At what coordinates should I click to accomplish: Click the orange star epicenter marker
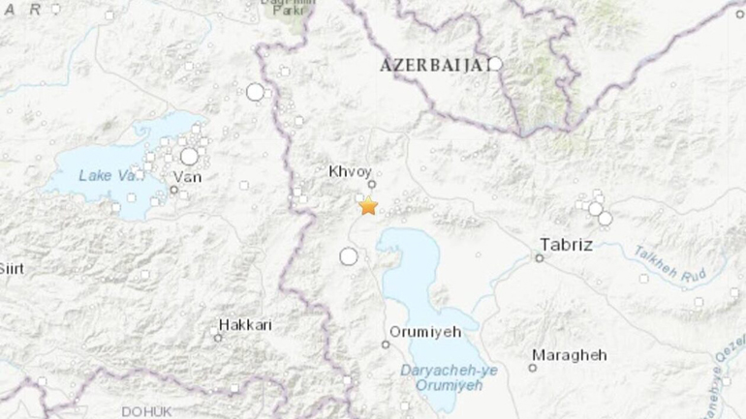pos(368,206)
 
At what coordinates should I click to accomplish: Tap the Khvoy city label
pos(351,170)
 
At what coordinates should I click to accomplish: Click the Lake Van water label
pos(104,174)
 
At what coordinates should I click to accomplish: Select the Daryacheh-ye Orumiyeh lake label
pos(441,378)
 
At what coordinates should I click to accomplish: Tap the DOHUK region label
pos(145,411)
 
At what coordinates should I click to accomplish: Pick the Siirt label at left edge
pos(11,267)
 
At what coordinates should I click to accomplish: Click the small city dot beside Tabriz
pos(541,257)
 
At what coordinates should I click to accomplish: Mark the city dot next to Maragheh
pos(533,368)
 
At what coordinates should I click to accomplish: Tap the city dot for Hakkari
pos(218,337)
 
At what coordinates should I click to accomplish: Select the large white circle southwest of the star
pos(349,256)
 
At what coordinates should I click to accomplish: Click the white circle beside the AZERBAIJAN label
pos(495,64)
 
